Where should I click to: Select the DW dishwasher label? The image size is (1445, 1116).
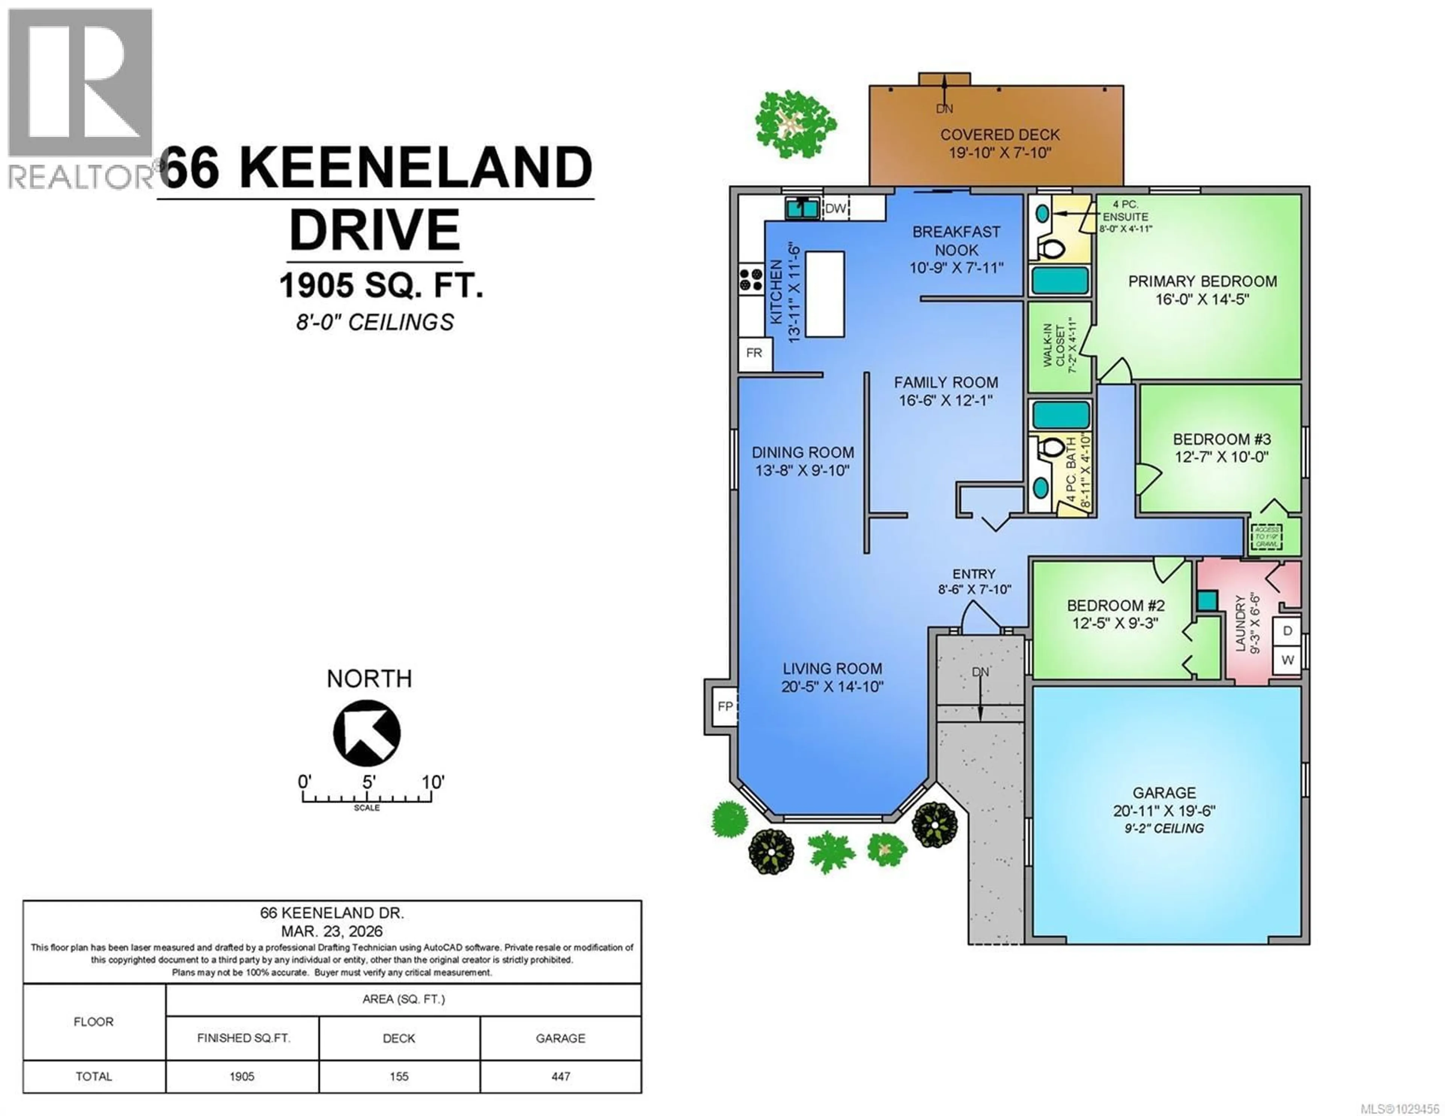pyautogui.click(x=835, y=208)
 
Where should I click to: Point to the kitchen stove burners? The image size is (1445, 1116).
pyautogui.click(x=751, y=279)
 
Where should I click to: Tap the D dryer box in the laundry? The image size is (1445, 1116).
pyautogui.click(x=1287, y=631)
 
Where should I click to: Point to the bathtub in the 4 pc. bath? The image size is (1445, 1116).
pyautogui.click(x=1060, y=415)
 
